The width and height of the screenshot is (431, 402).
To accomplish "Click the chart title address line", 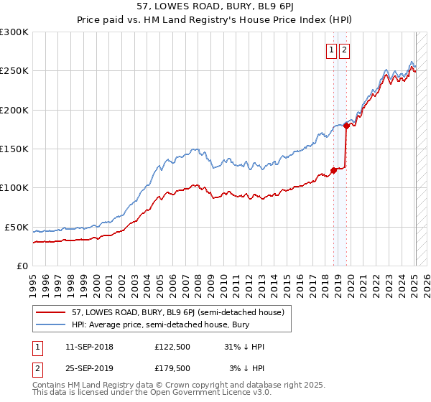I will [x=215, y=8].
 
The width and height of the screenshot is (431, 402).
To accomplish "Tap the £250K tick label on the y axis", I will [x=14, y=71].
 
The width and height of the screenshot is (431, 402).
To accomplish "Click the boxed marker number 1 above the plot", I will [x=332, y=50].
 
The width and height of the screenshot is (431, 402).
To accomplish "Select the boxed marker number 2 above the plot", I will [x=345, y=50].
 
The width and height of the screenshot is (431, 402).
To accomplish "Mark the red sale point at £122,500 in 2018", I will [x=333, y=170].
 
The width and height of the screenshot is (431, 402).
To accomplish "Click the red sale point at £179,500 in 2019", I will [x=346, y=126].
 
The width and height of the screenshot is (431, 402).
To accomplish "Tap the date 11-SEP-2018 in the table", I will [x=89, y=347].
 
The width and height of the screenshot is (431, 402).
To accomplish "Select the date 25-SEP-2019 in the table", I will [x=89, y=368].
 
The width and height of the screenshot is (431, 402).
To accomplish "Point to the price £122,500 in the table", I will [x=172, y=347].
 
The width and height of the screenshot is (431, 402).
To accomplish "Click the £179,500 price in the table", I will [x=172, y=368].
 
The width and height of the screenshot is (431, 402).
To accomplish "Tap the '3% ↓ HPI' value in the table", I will [x=246, y=368].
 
